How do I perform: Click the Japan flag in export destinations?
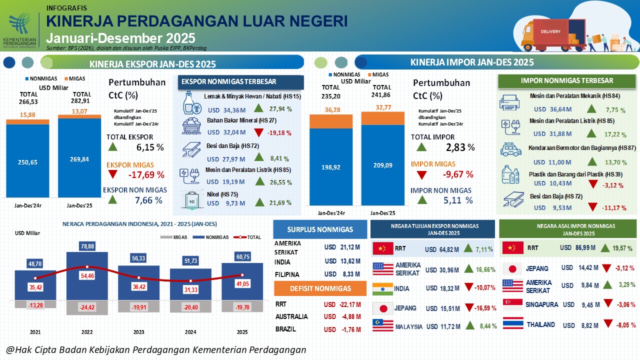[x=382, y=308]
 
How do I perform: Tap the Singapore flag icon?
[x=512, y=304]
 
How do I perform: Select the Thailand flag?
[x=512, y=324]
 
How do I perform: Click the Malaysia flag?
[x=382, y=326]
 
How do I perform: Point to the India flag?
[x=382, y=288]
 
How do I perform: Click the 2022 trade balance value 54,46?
[x=87, y=275]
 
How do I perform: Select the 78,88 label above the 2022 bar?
[x=87, y=246]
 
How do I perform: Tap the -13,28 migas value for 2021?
[x=35, y=305]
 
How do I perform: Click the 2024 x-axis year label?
[x=190, y=331]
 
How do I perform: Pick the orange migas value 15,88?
[x=27, y=114]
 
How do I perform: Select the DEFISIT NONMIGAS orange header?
[x=320, y=288]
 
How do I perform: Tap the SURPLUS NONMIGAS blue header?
[x=320, y=229]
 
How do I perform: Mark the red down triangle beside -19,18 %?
[x=258, y=132]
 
